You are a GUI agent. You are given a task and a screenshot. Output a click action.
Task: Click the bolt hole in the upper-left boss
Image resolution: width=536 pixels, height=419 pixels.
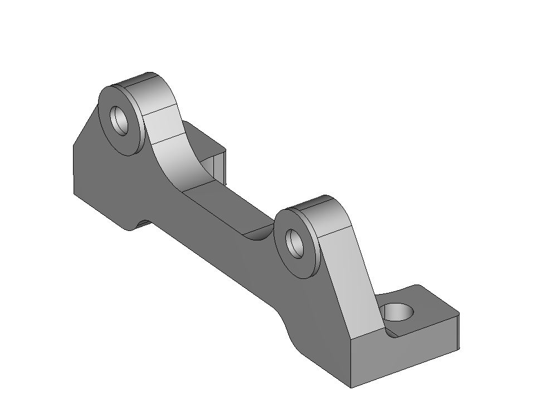tap(119, 119)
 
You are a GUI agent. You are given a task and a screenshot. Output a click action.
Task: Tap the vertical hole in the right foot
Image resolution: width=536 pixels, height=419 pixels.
tap(399, 312)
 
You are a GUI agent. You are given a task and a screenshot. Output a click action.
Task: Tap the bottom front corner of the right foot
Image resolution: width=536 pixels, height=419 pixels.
tap(351, 387)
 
